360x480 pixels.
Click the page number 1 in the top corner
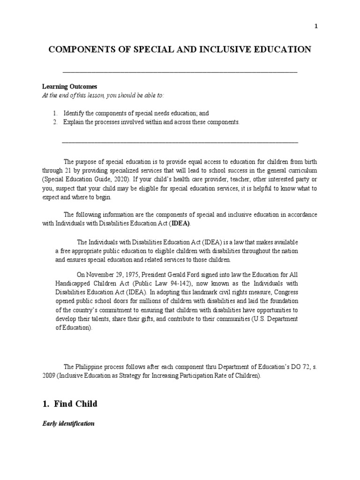(x=316, y=27)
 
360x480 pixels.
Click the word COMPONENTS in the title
(x=78, y=50)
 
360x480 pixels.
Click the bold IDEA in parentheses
(x=180, y=223)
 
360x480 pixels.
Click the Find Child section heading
(x=72, y=403)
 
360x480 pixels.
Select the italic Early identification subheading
(x=68, y=423)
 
